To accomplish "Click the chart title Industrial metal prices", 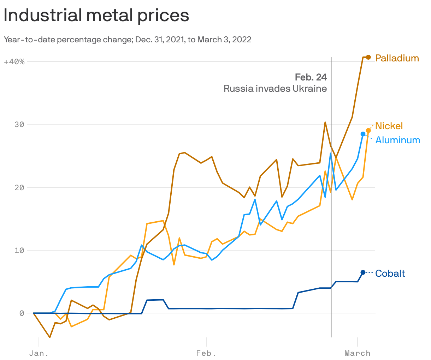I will click(96, 16).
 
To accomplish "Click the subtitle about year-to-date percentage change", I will click(128, 40).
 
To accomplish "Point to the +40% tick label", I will click(14, 62).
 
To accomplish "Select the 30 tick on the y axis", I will click(19, 125).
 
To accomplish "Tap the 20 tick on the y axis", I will click(19, 187).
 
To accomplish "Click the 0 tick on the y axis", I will click(22, 313).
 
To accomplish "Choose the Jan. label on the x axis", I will click(39, 353).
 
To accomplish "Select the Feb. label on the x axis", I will click(206, 353).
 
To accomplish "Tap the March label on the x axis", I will click(358, 353).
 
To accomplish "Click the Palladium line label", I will click(397, 58).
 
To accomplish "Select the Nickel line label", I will click(389, 126).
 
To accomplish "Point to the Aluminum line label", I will click(397, 140).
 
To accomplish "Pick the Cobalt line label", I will click(390, 274).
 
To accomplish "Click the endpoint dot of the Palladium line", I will click(368, 57).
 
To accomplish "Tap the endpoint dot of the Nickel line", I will click(368, 131).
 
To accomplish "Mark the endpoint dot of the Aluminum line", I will click(363, 134).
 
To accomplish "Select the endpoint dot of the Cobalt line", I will click(363, 272).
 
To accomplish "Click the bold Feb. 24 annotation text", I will click(311, 77).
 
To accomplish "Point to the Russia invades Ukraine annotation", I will click(275, 89).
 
